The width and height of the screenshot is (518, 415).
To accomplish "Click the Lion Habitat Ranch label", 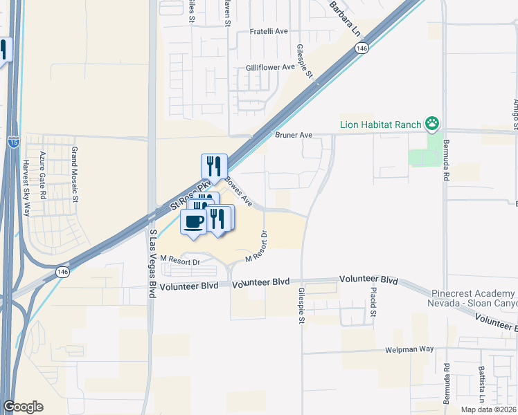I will tap(380, 124).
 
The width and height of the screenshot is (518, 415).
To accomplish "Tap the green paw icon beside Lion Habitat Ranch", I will tap(433, 124).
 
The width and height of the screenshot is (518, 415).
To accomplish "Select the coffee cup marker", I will tap(193, 223).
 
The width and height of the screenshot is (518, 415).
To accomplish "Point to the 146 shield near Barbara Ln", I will tap(361, 48).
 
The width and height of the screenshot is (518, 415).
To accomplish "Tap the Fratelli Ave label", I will tap(269, 32).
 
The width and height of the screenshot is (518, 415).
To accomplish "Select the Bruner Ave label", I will tap(294, 136).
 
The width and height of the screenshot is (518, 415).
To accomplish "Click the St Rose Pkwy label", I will tap(190, 197).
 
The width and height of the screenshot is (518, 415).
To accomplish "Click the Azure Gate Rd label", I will tap(42, 176).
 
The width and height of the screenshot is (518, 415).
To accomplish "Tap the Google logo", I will tap(23, 407).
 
